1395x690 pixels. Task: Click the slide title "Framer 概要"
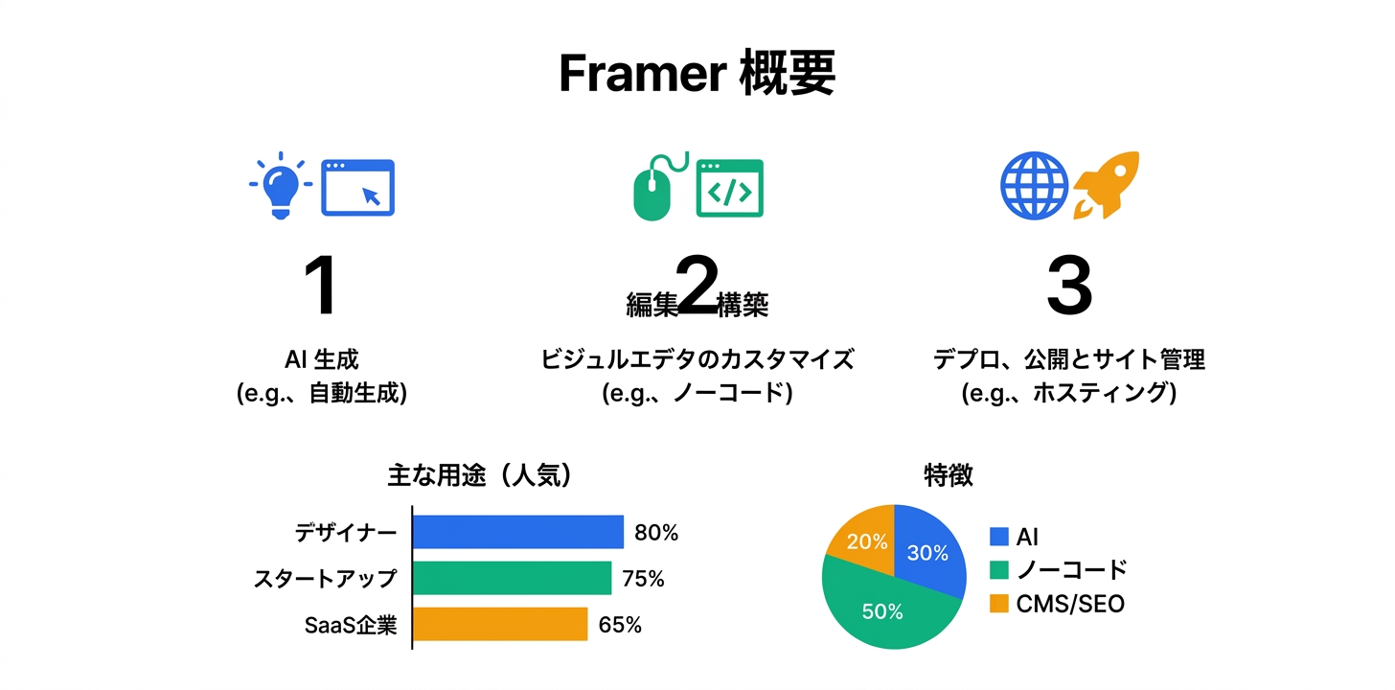click(697, 74)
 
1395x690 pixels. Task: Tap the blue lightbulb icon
click(279, 186)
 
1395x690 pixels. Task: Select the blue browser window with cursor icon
click(357, 187)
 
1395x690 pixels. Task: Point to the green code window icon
click(729, 188)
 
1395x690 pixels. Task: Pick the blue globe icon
click(1033, 186)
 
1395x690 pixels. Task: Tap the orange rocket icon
click(1107, 185)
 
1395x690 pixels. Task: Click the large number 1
click(320, 287)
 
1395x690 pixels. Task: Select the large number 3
click(1068, 287)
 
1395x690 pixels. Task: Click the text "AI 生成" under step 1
click(322, 360)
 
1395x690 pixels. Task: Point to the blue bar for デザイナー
click(518, 532)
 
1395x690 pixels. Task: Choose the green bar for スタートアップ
click(512, 578)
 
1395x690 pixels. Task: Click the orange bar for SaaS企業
click(500, 624)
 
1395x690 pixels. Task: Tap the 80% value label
click(655, 533)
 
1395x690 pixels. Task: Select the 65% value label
click(620, 625)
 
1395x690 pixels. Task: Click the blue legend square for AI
click(999, 537)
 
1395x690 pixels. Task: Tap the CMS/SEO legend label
click(1070, 604)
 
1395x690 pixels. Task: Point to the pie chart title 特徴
click(948, 473)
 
